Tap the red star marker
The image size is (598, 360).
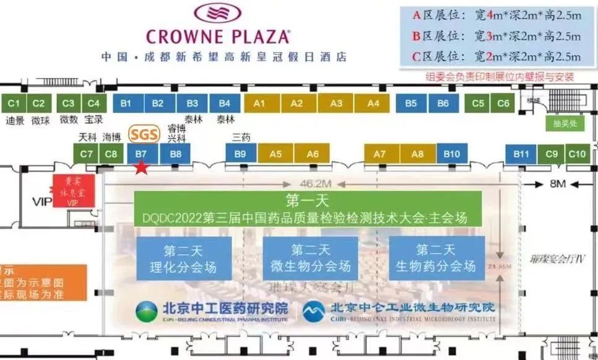pyautogui.click(x=142, y=167)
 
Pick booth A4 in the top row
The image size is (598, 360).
pyautogui.click(x=373, y=103)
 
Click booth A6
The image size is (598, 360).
pyautogui.click(x=313, y=153)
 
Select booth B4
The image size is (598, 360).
pyautogui.click(x=225, y=103)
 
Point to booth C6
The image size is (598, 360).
pyautogui.click(x=504, y=103)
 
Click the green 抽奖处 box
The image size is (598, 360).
pyautogui.click(x=565, y=123)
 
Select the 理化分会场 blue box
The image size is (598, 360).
pyautogui.click(x=184, y=258)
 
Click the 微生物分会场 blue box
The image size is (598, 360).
pyautogui.click(x=311, y=258)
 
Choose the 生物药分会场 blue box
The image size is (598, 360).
pyautogui.click(x=436, y=258)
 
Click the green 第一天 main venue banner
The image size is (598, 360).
pyautogui.click(x=308, y=208)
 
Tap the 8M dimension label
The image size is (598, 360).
pyautogui.click(x=558, y=183)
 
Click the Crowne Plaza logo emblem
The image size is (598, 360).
pyautogui.click(x=218, y=14)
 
